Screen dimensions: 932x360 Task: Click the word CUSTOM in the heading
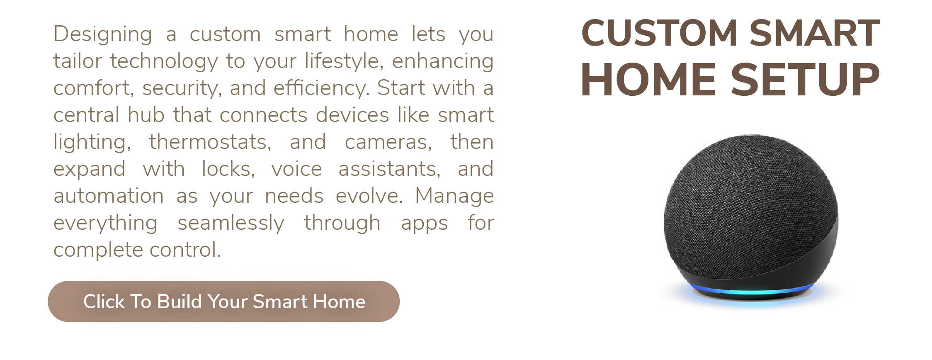coord(659,33)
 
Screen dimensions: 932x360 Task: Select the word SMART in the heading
coord(815,33)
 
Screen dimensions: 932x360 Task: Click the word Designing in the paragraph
coord(103,35)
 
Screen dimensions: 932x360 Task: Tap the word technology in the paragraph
coord(164,62)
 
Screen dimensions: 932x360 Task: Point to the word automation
coord(109,196)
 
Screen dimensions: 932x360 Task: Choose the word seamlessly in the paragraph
coord(231,224)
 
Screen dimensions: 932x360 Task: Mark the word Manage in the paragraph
coord(454,197)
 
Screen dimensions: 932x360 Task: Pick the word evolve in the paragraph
coord(369,197)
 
